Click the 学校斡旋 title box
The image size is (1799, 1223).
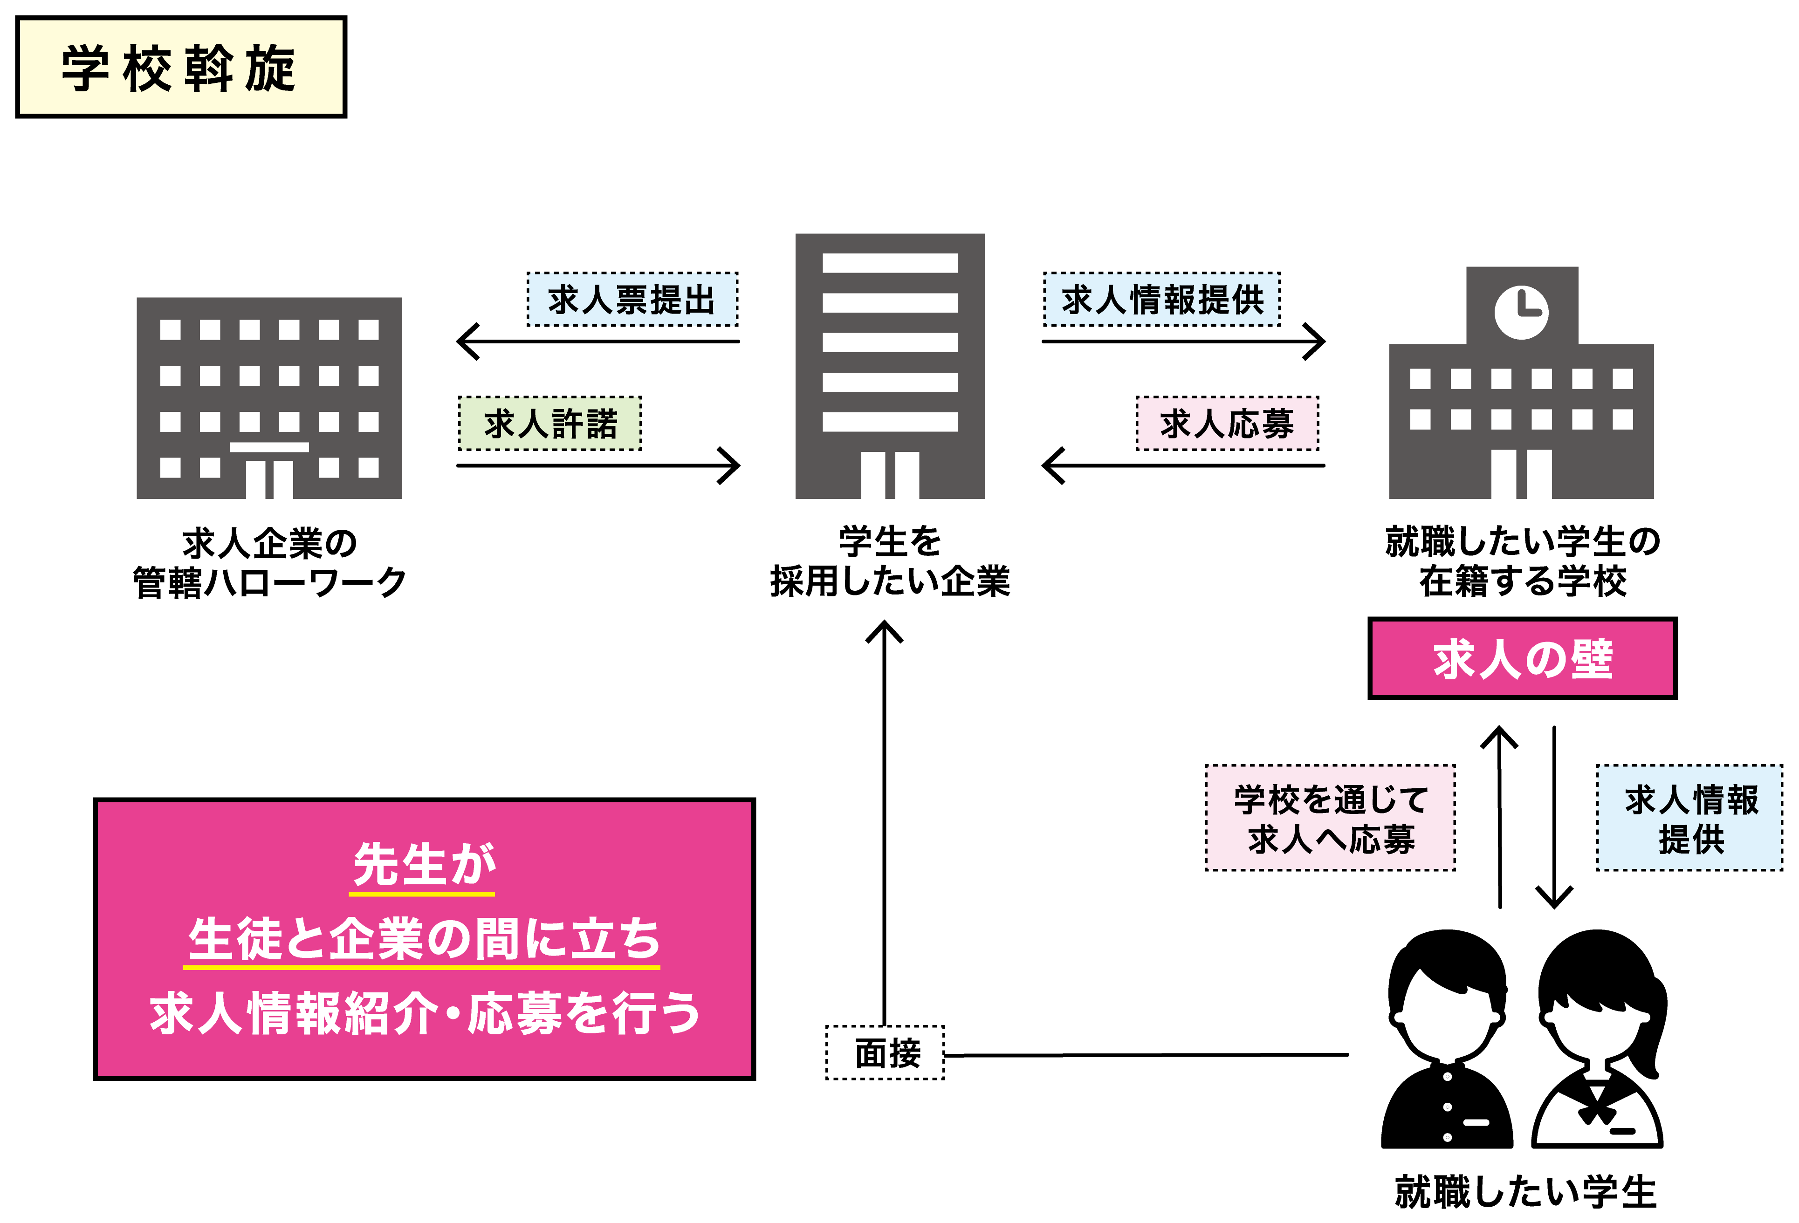pyautogui.click(x=181, y=68)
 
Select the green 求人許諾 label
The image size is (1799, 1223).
pyautogui.click(x=550, y=424)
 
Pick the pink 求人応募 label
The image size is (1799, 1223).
pyautogui.click(x=1227, y=424)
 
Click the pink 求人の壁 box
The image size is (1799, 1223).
pyautogui.click(x=1522, y=659)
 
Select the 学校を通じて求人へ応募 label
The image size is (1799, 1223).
pyautogui.click(x=1331, y=818)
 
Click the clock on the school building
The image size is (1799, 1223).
pyautogui.click(x=1521, y=313)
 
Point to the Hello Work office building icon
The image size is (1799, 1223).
pyautogui.click(x=269, y=398)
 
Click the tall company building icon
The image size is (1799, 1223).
pyautogui.click(x=890, y=366)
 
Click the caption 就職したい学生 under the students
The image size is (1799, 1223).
pyautogui.click(x=1525, y=1191)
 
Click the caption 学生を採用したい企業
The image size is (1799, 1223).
pyautogui.click(x=890, y=561)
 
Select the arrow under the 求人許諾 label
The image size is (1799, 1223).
pyautogui.click(x=598, y=465)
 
